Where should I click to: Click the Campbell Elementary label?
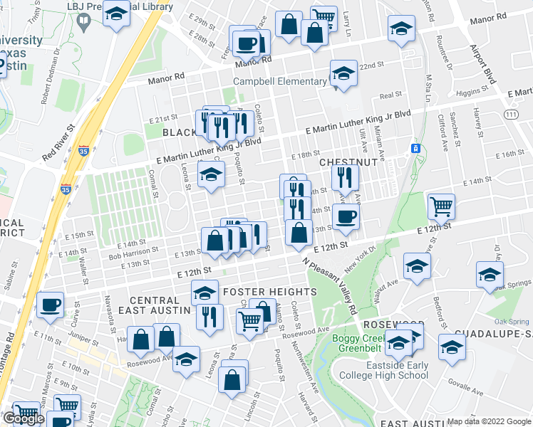coord(280,81)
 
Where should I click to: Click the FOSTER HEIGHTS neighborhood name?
coord(269,292)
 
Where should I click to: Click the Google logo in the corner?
coord(23,418)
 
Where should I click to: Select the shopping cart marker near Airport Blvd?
coord(442,207)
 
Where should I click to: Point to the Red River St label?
coord(58,142)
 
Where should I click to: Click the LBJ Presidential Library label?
coord(128,6)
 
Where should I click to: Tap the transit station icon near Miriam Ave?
coord(413,148)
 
